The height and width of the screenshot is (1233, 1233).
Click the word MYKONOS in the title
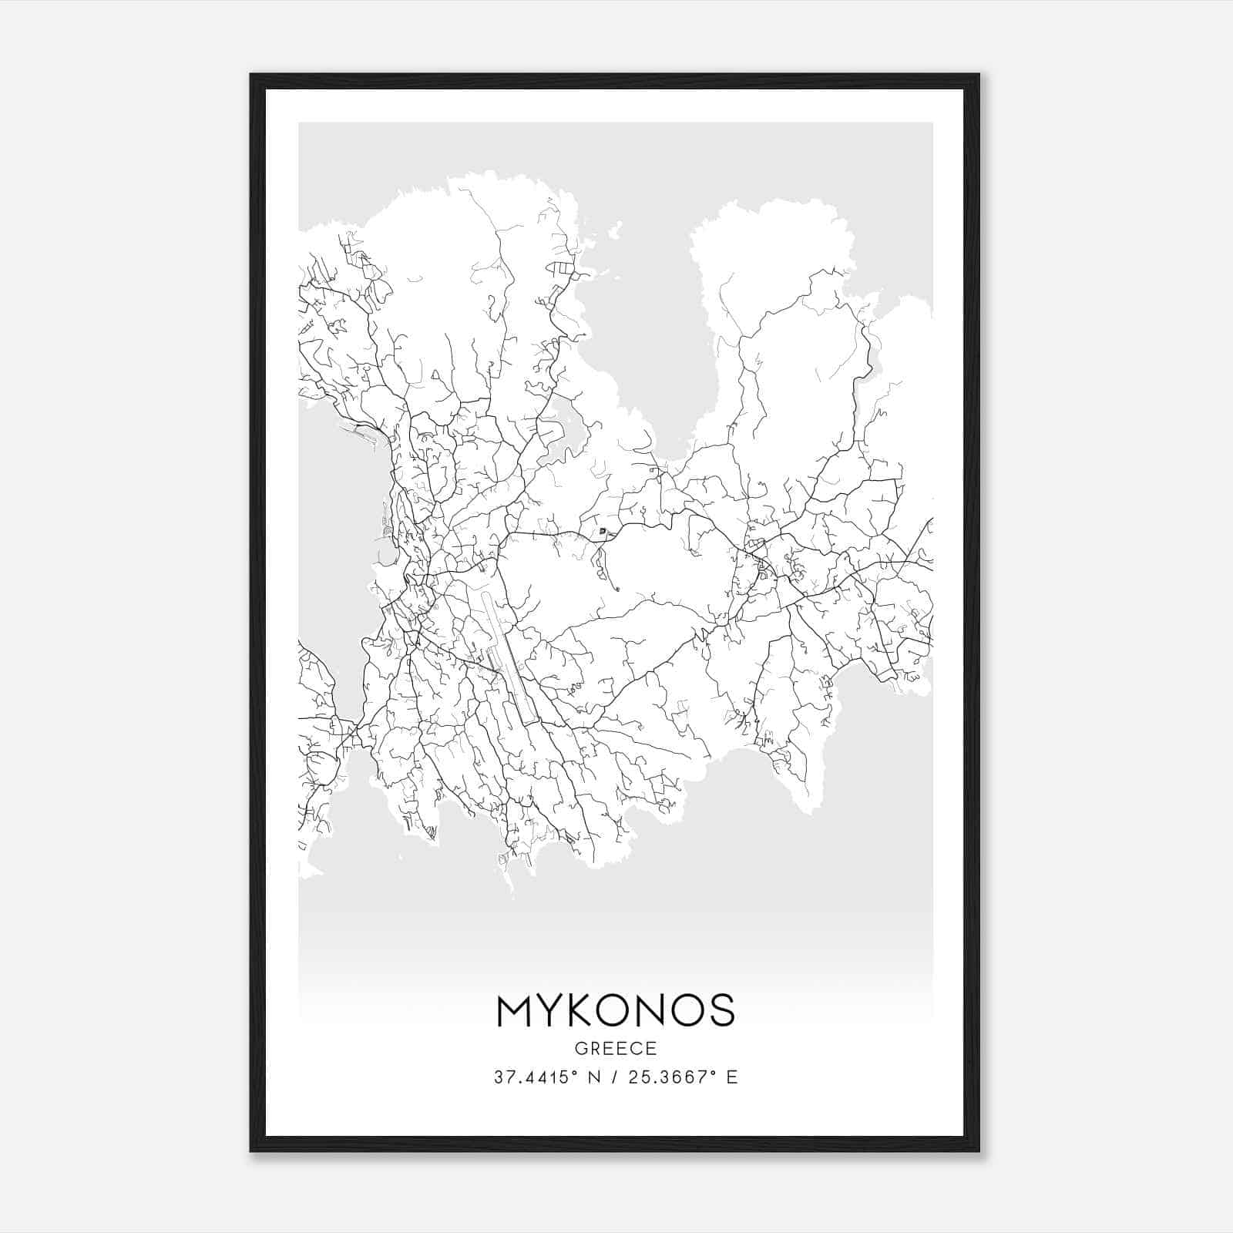(616, 1011)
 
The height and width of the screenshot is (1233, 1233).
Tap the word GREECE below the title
(616, 1048)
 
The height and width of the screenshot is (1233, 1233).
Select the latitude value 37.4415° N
(546, 1077)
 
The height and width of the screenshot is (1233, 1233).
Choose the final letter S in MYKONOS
(721, 1011)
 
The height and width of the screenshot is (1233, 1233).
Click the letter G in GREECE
(580, 1048)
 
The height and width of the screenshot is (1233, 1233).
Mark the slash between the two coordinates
(613, 1077)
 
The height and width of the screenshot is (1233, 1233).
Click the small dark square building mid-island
(603, 531)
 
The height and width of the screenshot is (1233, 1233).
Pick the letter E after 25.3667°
(733, 1077)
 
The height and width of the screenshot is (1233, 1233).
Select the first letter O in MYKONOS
(616, 1011)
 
